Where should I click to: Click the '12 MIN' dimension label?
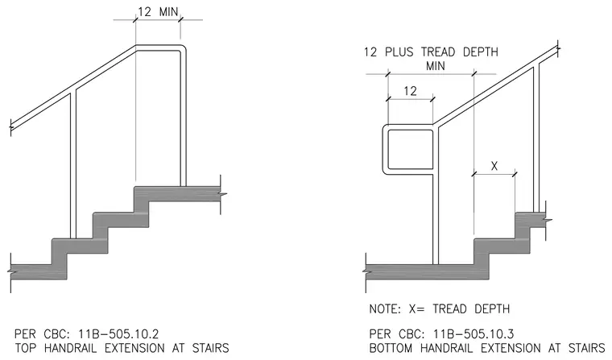[x=158, y=12]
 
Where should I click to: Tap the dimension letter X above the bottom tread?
[x=494, y=166]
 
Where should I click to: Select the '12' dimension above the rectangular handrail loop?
[x=410, y=91]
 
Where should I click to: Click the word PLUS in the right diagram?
[x=399, y=52]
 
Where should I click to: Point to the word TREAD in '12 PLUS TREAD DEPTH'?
[x=438, y=52]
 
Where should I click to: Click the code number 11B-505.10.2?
[x=118, y=334]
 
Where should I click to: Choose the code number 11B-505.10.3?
[x=473, y=334]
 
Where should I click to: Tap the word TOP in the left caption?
[x=26, y=347]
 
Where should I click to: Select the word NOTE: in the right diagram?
[x=385, y=308]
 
